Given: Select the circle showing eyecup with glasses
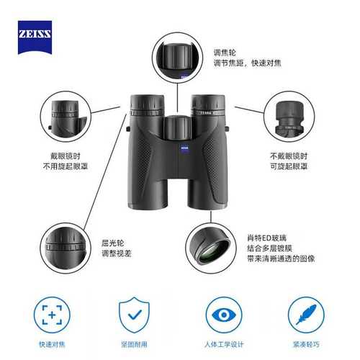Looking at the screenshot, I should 64,117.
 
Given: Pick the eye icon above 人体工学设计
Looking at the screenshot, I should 223,315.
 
